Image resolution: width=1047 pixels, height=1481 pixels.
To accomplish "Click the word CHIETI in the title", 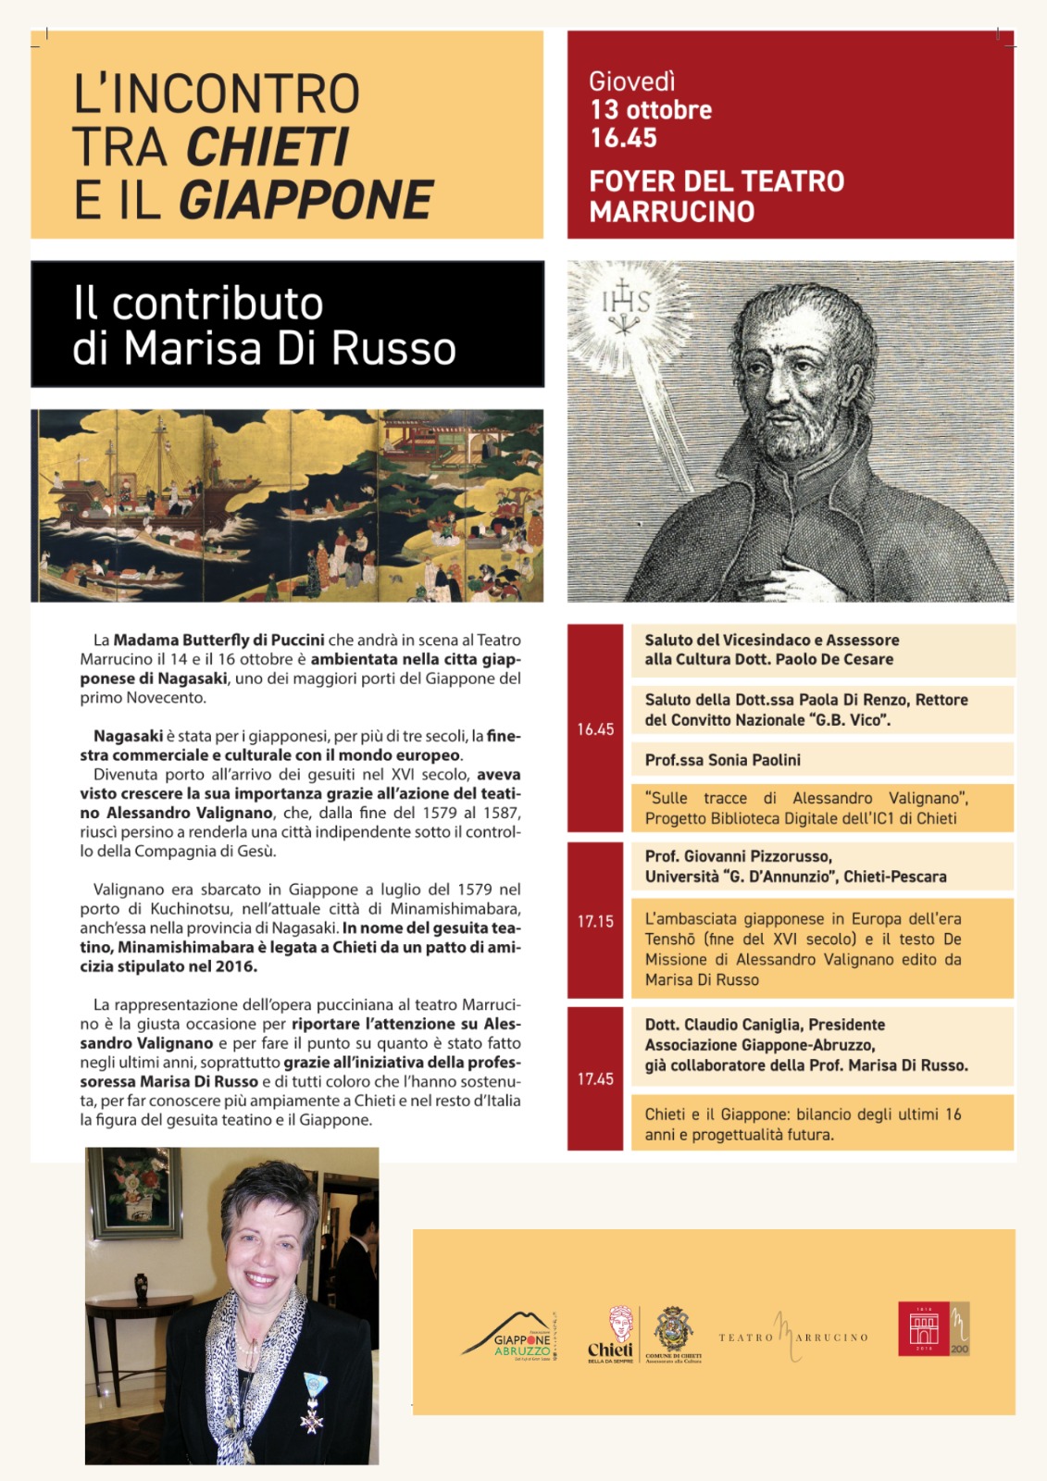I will [x=267, y=147].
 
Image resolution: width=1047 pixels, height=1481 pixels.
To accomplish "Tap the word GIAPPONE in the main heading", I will [x=305, y=200].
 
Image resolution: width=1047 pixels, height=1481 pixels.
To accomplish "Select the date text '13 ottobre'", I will [x=651, y=110].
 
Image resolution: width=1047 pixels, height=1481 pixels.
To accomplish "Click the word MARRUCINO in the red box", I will [x=671, y=212].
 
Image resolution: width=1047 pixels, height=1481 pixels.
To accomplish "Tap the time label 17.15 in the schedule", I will [x=595, y=921].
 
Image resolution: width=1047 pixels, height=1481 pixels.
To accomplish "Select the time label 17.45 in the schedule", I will [x=595, y=1078].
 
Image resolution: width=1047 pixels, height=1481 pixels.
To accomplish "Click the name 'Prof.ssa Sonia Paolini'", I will [x=722, y=760].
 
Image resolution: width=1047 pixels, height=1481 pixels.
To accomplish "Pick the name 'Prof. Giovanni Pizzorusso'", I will [x=738, y=856].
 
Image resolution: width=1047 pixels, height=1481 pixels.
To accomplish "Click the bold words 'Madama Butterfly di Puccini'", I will [x=218, y=640].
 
